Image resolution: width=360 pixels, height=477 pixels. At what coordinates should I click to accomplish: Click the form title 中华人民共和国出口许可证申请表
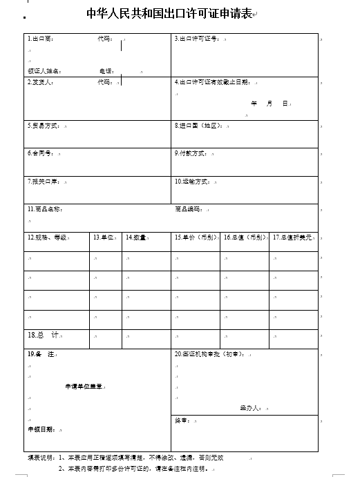pos(170,13)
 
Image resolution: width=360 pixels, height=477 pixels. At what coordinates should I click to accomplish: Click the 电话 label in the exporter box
pos(106,70)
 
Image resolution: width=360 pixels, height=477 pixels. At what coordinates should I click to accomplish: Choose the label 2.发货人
pos(40,82)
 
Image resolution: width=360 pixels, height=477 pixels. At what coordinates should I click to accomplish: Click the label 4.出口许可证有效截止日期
pos(212,82)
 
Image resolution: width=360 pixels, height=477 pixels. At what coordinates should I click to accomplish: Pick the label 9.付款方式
pos(191,153)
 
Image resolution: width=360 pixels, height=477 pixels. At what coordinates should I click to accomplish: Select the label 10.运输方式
pos(192,182)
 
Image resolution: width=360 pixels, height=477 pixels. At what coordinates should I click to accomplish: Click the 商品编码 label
pos(187,208)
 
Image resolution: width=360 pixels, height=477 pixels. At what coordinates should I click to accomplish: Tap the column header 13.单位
pos(103,237)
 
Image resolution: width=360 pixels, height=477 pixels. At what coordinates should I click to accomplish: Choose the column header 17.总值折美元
pos(293,237)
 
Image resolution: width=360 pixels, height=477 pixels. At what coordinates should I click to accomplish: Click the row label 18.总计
pos(43,335)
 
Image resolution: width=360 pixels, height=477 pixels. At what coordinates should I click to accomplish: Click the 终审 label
pos(181,420)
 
